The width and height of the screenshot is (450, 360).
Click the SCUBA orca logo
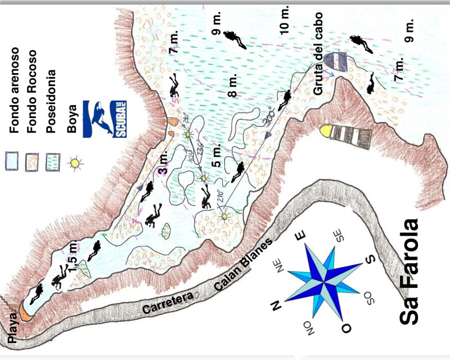(105, 119)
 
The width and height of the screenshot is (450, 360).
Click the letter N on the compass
(276, 305)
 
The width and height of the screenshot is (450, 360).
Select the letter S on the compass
(370, 260)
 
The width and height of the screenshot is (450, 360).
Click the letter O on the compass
(347, 326)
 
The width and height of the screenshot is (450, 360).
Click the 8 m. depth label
(234, 84)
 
